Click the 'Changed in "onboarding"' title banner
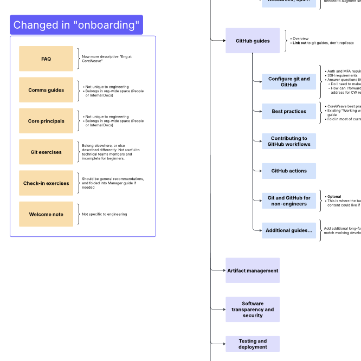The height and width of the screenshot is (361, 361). click(x=76, y=25)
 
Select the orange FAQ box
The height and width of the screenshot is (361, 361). click(x=46, y=59)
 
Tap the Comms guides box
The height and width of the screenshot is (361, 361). click(x=46, y=90)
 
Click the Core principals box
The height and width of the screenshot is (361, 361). click(x=46, y=121)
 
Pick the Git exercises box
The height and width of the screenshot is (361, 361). click(x=46, y=152)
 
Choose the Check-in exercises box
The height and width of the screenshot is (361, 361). click(x=46, y=183)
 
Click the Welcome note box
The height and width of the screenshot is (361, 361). click(x=46, y=214)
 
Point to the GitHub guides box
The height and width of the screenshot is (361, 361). click(x=253, y=41)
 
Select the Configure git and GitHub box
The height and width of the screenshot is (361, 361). click(x=289, y=82)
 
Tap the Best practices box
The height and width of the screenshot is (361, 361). click(x=289, y=111)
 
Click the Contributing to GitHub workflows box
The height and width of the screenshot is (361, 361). click(x=289, y=141)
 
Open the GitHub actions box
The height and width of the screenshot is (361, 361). click(x=289, y=171)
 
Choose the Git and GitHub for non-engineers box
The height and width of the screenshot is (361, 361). click(x=289, y=201)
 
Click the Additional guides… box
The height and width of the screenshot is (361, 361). click(x=289, y=230)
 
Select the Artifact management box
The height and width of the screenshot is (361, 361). click(x=253, y=270)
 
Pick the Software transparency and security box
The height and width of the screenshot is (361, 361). click(x=253, y=310)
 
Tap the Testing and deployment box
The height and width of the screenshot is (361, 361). click(x=253, y=344)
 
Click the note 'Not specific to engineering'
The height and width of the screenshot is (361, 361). click(x=105, y=214)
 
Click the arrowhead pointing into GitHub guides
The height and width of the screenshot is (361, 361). click(x=223, y=40)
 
